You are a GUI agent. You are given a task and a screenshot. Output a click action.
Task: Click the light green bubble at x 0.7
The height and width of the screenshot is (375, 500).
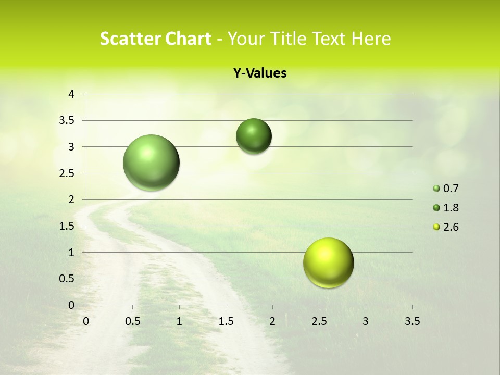tap(152, 162)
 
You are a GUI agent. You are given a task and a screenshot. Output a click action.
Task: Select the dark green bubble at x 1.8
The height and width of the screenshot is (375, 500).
tap(254, 136)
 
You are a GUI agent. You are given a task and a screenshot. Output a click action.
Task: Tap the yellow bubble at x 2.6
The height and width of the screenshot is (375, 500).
tap(328, 262)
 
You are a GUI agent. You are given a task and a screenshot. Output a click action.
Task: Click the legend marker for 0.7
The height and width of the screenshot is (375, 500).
tap(436, 189)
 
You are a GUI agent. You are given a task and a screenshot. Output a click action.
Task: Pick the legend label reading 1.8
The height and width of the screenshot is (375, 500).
tap(451, 208)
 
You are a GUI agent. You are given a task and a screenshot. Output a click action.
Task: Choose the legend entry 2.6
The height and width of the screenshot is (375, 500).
tap(451, 227)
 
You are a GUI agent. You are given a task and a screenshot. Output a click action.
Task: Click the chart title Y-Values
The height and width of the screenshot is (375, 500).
tap(260, 73)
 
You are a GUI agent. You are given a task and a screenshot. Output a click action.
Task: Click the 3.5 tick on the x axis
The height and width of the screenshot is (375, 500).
tap(412, 321)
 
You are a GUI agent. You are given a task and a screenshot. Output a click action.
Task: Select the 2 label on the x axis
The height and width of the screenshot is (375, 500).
tap(272, 321)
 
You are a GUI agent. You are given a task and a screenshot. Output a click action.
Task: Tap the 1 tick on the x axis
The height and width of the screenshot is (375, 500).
tap(179, 321)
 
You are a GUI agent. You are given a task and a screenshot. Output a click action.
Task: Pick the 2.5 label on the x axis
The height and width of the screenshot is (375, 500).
tap(319, 321)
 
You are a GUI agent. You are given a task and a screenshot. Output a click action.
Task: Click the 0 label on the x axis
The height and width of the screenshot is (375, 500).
tap(86, 321)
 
